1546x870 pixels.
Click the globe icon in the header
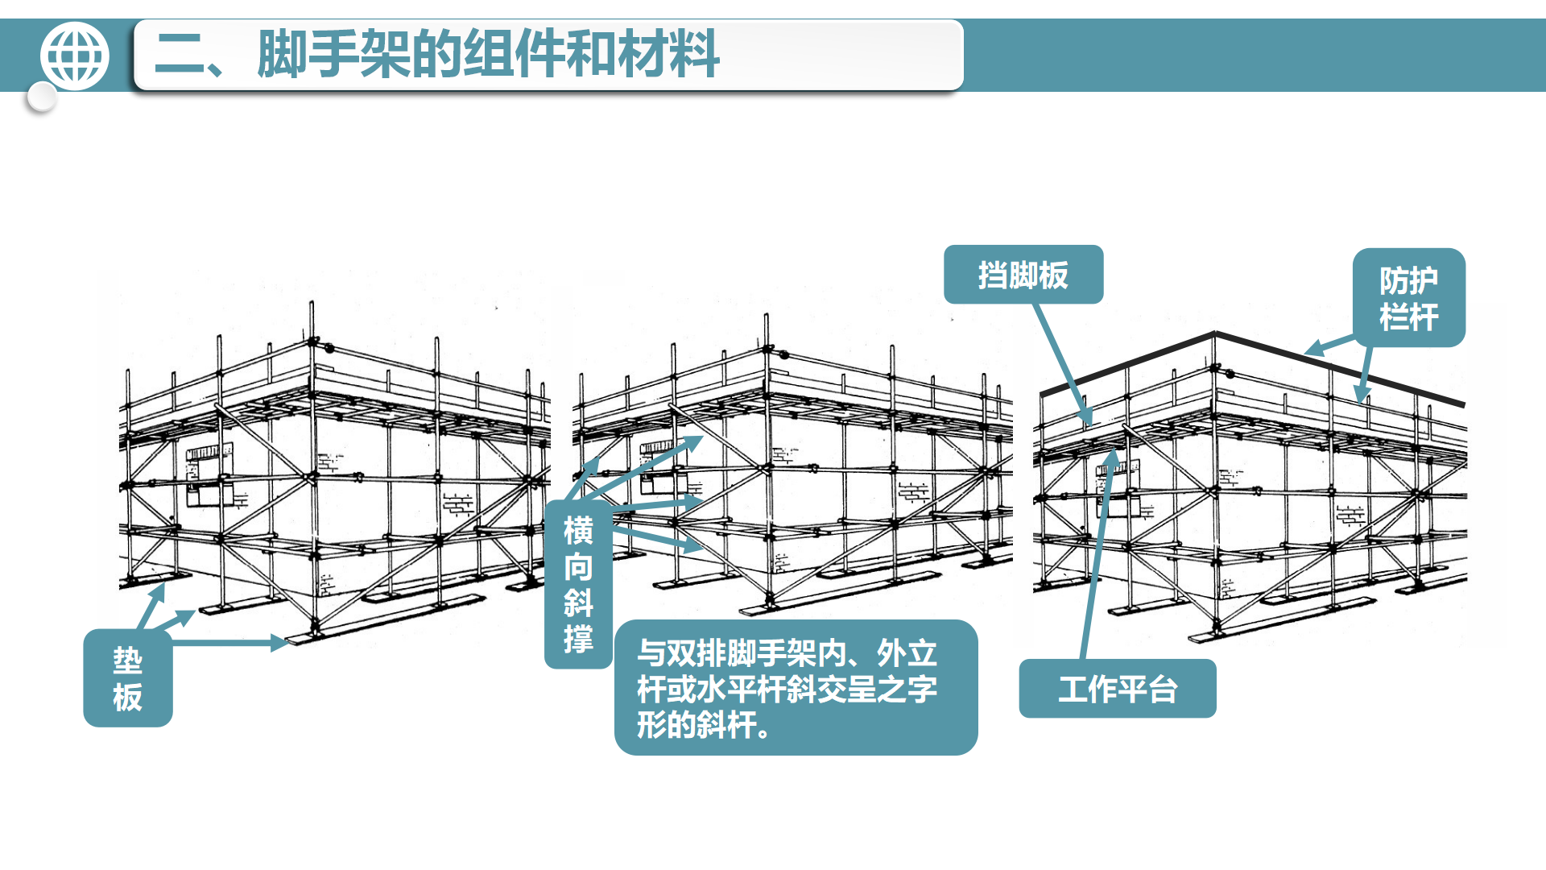point(74,56)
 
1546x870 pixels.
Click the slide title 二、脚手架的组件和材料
point(436,54)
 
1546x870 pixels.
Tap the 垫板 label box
point(128,678)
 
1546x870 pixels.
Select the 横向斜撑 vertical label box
point(578,585)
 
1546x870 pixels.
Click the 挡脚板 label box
point(1023,275)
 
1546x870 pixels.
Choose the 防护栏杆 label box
point(1409,298)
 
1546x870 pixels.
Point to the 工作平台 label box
point(1118,689)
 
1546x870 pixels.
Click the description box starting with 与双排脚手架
point(796,688)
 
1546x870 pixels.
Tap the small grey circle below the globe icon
point(41,98)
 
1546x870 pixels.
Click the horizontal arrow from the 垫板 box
point(230,643)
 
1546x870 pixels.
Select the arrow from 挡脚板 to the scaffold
point(1063,365)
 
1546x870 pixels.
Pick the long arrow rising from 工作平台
point(1099,553)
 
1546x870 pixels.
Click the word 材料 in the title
point(669,54)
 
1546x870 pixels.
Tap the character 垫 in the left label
point(128,661)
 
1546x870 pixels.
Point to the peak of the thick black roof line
point(1215,333)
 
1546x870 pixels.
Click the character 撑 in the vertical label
point(578,640)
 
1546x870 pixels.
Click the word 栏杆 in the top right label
point(1409,317)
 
